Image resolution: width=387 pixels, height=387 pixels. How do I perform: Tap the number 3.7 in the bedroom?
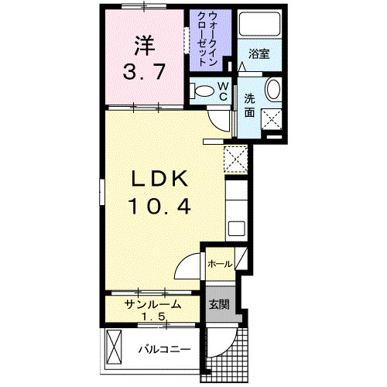(x=143, y=74)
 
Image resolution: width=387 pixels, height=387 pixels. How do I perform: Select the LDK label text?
(x=159, y=180)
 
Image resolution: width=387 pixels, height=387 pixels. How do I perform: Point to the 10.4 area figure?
(x=159, y=207)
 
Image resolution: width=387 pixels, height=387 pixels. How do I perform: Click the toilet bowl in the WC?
(x=204, y=91)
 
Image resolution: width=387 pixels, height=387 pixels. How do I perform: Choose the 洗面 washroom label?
(x=249, y=105)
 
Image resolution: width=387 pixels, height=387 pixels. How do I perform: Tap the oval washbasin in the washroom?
(x=275, y=91)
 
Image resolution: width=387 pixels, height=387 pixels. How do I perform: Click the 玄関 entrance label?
(x=218, y=304)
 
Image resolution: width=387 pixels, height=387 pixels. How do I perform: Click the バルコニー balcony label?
(x=164, y=350)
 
